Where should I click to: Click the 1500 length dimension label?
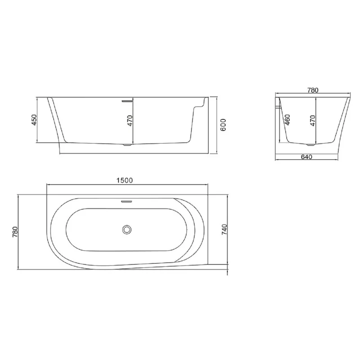point(124,180)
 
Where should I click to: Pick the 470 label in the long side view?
point(130,121)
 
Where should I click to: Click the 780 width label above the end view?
point(313,90)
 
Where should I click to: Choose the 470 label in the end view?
point(312,120)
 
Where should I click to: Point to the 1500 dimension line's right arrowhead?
point(207,184)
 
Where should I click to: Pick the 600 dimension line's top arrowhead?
point(217,97)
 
